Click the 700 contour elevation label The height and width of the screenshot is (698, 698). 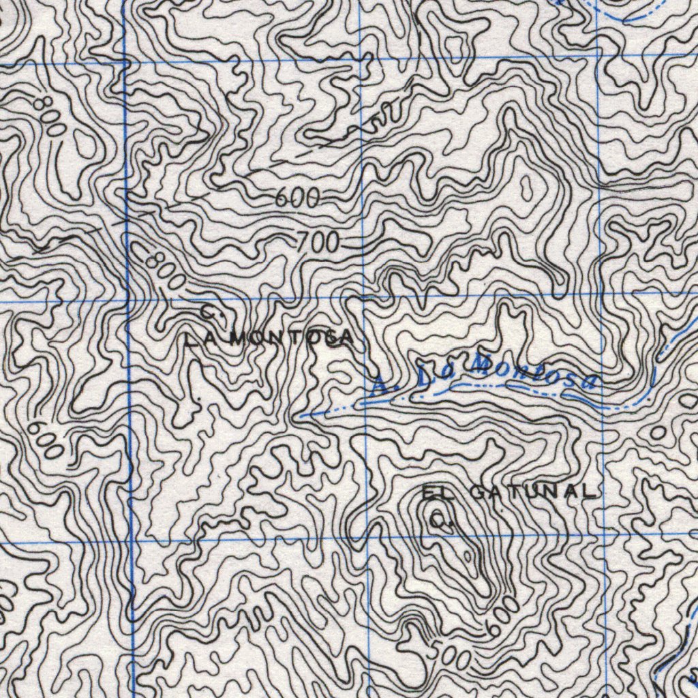(318, 241)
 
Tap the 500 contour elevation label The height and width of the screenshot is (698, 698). (451, 654)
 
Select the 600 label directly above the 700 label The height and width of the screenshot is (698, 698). (298, 198)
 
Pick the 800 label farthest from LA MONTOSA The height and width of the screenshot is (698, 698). (50, 115)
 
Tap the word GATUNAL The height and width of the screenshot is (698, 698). (532, 491)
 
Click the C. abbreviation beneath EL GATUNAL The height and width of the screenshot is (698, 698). (442, 522)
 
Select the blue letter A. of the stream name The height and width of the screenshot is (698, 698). (379, 387)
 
